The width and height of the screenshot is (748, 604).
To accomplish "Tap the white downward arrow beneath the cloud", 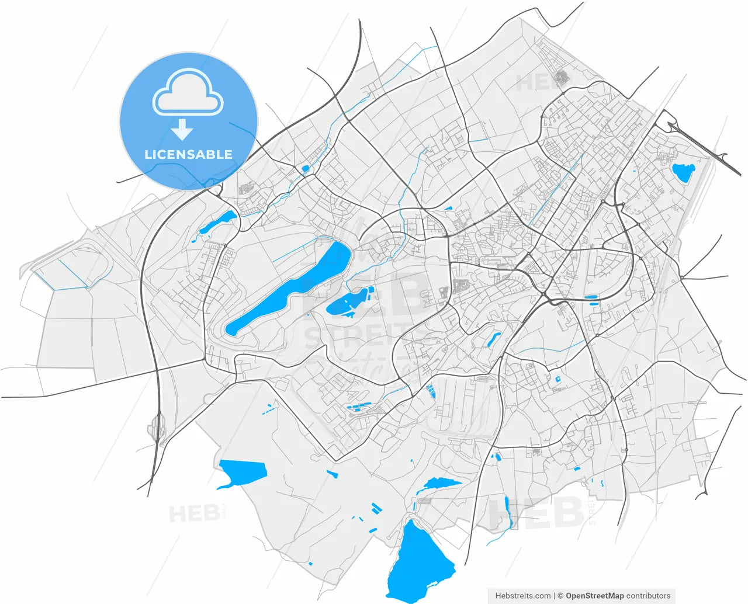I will click(x=182, y=130).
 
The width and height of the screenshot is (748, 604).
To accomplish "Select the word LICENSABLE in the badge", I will click(x=188, y=155).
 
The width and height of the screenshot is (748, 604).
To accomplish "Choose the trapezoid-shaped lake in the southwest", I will click(x=243, y=471).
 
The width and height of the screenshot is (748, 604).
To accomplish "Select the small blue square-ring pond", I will click(x=557, y=379).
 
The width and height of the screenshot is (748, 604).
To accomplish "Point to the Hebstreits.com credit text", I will click(x=522, y=596).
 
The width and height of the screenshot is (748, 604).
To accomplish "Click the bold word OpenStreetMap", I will click(x=594, y=596).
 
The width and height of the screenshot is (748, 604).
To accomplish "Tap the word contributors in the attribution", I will click(x=649, y=596).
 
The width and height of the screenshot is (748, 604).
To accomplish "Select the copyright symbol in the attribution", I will click(x=560, y=596).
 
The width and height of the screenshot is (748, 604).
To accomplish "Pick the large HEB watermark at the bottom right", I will click(x=536, y=513).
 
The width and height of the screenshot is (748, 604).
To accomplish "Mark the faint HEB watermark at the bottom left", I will click(x=195, y=515).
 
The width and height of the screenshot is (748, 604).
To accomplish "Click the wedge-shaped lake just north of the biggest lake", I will click(x=441, y=483).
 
